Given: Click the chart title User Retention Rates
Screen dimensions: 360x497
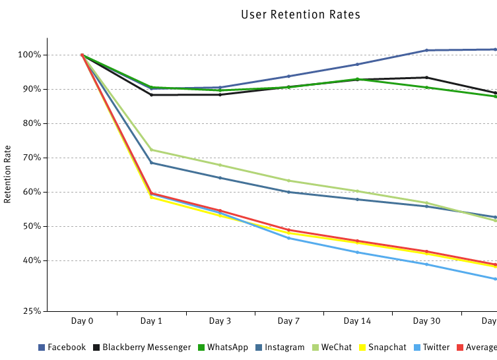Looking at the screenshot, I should pyautogui.click(x=300, y=15).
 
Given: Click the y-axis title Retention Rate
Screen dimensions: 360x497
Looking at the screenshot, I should pyautogui.click(x=8, y=174).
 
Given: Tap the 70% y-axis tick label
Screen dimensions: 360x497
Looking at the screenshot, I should pyautogui.click(x=32, y=158).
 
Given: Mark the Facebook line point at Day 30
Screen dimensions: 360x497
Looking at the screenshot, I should pyautogui.click(x=426, y=50).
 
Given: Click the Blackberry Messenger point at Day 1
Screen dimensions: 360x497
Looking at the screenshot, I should pyautogui.click(x=151, y=95).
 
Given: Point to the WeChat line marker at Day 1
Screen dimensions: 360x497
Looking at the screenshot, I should pyautogui.click(x=151, y=150).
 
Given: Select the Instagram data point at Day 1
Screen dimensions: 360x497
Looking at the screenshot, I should pyautogui.click(x=151, y=162).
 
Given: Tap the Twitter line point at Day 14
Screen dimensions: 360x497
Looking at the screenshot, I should pyautogui.click(x=357, y=252).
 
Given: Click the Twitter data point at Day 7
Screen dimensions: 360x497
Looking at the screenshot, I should pyautogui.click(x=288, y=237).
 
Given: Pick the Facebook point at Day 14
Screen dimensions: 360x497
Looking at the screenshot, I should pyautogui.click(x=357, y=64).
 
